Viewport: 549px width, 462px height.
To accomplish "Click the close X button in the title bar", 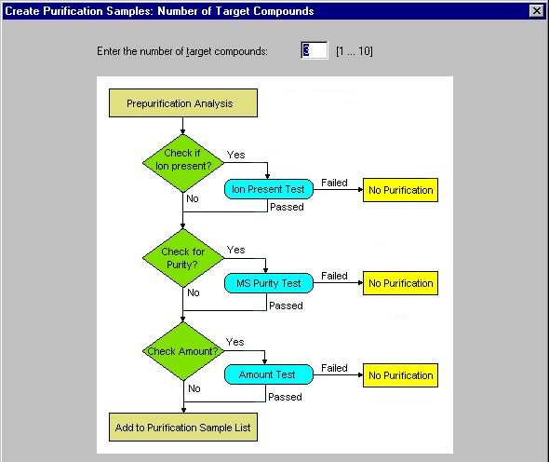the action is [536, 11].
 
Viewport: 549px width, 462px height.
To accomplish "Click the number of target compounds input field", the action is [315, 50].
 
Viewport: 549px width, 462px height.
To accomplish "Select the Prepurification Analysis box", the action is [183, 103].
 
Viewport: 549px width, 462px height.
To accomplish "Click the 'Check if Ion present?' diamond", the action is [183, 163].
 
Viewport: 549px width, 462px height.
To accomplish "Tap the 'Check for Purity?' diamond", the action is [183, 258].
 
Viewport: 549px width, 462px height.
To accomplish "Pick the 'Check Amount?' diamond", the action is [183, 351].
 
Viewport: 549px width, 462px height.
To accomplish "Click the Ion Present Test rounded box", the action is [269, 189].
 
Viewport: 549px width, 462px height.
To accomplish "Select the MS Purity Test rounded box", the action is [269, 283].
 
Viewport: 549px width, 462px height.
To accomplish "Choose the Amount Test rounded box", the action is [269, 374].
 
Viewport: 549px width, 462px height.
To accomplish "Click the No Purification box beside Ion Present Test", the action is [400, 190].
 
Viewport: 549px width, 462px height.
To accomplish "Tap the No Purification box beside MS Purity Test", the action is [400, 283].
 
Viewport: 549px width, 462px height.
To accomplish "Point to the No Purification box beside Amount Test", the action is [400, 375].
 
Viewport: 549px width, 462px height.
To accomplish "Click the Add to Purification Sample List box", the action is [183, 428].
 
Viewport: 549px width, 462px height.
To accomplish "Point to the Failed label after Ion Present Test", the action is [334, 183].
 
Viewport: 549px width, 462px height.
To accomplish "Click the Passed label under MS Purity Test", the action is [286, 306].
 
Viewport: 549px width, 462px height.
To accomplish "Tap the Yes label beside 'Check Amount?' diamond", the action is [234, 342].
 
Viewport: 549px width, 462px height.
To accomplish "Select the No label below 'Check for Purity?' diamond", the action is [194, 292].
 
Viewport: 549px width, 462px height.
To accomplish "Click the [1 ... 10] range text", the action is [355, 51].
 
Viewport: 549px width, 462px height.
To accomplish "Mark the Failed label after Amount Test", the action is [334, 368].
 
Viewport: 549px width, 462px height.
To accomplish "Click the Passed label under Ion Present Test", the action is [287, 207].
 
